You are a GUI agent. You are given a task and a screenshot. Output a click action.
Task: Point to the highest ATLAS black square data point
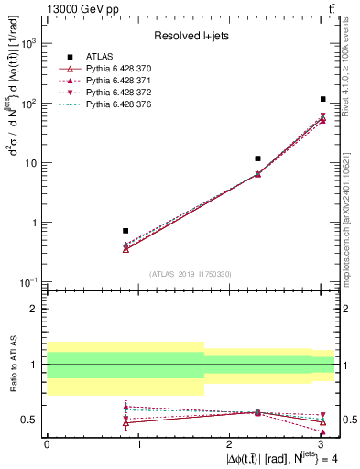(x=322, y=99)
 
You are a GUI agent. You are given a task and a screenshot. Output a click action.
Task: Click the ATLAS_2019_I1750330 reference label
(x=191, y=274)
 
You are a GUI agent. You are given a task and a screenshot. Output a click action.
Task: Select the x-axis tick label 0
(x=47, y=442)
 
